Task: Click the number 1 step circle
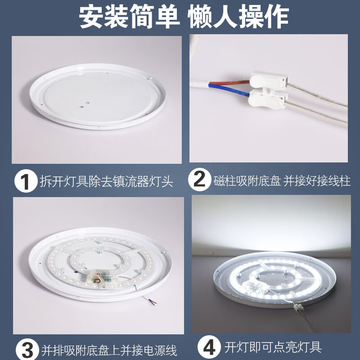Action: (25, 181)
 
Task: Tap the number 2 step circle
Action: (199, 181)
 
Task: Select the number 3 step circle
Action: (26, 349)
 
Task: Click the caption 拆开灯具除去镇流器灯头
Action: (107, 182)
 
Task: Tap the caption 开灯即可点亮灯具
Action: (273, 348)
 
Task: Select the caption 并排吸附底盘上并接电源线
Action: (109, 350)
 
